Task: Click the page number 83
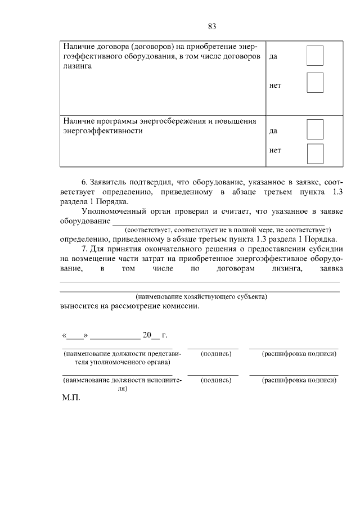[x=212, y=26]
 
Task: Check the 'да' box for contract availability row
[x=315, y=56]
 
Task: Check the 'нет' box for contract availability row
[x=315, y=83]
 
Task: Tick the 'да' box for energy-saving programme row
[x=315, y=129]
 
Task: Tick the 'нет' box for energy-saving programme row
[x=315, y=154]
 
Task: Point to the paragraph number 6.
[x=84, y=183]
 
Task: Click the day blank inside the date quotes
[x=75, y=336]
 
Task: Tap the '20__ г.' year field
[x=155, y=335]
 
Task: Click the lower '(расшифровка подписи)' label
[x=299, y=380]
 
